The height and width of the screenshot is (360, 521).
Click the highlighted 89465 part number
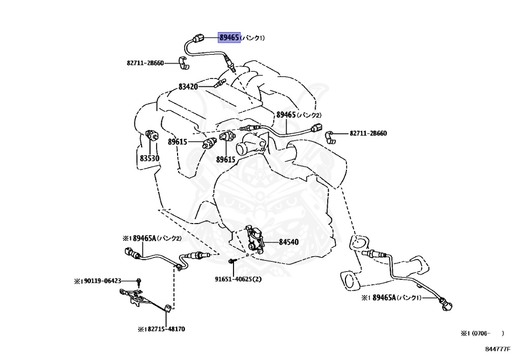tap(229, 37)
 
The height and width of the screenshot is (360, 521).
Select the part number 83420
tap(188, 87)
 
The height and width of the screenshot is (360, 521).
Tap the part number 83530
tap(150, 158)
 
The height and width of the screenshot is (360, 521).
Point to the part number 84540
tap(289, 242)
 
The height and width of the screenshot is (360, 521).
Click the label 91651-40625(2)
tap(238, 280)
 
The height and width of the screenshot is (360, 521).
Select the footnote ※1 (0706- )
tap(482, 334)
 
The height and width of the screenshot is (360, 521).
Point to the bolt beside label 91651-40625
tap(231, 262)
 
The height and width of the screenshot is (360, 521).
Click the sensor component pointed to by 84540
tap(254, 238)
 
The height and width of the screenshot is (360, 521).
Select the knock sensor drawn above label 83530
tap(152, 136)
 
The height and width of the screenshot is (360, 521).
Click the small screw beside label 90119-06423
tap(138, 281)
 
